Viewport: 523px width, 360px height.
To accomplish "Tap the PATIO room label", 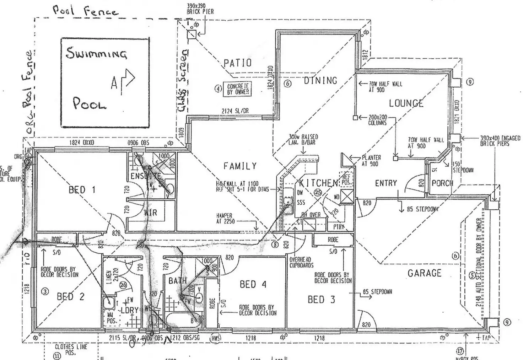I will point(238,63).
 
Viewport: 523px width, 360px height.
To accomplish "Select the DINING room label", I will point(320,81).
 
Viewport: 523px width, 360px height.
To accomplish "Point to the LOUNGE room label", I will point(406,103).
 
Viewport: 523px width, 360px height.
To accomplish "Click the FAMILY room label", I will point(240,166).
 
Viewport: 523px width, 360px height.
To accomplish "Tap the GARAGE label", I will point(424,273).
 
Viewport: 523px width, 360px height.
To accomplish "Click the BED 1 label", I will point(82,190).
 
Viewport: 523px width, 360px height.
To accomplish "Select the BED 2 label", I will point(71,296).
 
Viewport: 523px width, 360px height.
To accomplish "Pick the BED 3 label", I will point(321,300).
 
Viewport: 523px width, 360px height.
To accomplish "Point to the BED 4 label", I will point(253,284).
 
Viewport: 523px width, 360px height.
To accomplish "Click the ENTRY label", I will point(386,183).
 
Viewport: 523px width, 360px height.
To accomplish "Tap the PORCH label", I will point(442,183).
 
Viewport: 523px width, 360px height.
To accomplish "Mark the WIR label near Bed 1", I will point(150,213).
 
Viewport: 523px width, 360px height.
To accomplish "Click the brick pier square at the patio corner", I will point(192,34).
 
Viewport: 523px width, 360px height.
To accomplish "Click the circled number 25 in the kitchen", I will point(318,192).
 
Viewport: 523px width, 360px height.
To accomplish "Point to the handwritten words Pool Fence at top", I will point(85,11).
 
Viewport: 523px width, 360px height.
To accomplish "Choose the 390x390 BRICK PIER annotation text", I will point(200,9).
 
